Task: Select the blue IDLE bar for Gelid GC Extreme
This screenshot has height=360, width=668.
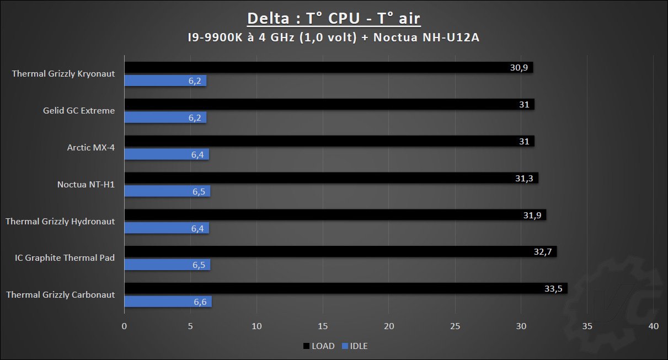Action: point(165,117)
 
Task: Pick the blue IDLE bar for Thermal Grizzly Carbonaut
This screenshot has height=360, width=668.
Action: point(168,302)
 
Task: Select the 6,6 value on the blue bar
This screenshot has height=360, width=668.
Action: point(200,302)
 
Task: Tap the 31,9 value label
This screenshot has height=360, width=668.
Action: point(533,215)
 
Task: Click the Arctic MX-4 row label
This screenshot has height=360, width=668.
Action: point(91,147)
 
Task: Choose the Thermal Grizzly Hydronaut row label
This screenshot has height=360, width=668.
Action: point(60,221)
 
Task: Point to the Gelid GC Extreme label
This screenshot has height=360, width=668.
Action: point(79,110)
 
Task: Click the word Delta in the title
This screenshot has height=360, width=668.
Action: point(268,18)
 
